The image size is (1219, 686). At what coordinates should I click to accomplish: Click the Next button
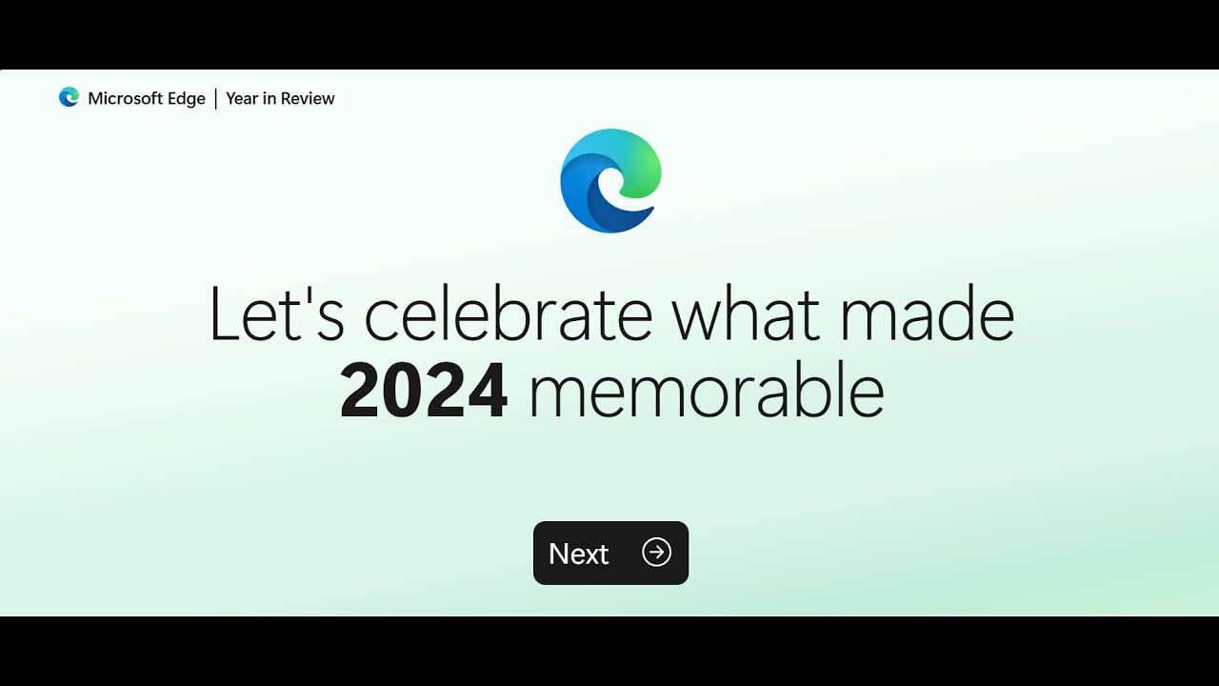tap(610, 553)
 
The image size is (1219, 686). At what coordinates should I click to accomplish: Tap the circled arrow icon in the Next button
tap(656, 553)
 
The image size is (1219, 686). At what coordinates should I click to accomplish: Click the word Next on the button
tap(578, 554)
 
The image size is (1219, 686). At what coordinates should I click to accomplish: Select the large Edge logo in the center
tap(610, 181)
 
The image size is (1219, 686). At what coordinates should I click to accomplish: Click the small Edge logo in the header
tap(69, 97)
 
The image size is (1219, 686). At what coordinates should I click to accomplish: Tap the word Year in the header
tap(242, 98)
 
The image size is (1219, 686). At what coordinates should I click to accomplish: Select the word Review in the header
tap(308, 98)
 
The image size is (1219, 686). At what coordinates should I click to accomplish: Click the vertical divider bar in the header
tap(215, 98)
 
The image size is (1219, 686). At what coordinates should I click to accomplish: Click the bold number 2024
tap(424, 391)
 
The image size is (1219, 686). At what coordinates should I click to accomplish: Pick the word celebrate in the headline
tap(509, 314)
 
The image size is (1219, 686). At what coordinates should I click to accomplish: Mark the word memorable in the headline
tap(706, 391)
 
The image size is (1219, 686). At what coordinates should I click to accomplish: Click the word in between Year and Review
tap(270, 98)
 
